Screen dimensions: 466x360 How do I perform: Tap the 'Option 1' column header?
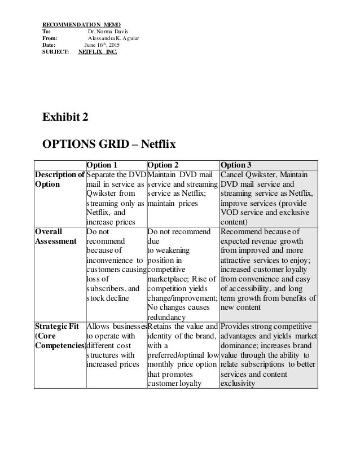pyautogui.click(x=102, y=165)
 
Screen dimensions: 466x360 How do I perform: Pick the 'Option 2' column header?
pyautogui.click(x=163, y=165)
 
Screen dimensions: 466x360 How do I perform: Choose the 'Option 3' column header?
pyautogui.click(x=236, y=165)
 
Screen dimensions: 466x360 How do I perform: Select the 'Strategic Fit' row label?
pyautogui.click(x=59, y=327)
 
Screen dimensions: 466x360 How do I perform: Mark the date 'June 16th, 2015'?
pyautogui.click(x=102, y=46)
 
